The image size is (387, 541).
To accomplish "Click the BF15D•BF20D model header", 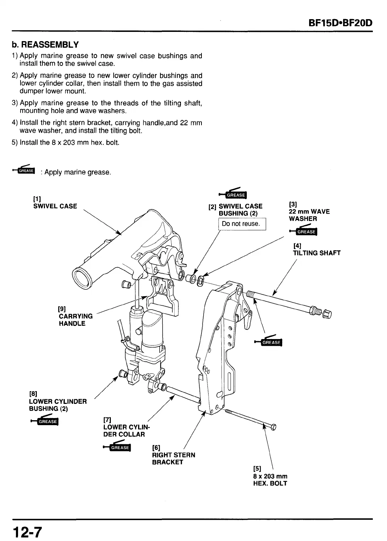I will [341, 23].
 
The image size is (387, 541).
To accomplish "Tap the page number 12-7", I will [28, 532].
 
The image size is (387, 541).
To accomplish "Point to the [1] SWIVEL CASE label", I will [55, 203].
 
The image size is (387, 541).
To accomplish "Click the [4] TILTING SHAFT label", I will [316, 249].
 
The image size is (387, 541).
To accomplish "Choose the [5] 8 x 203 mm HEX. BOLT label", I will [270, 476].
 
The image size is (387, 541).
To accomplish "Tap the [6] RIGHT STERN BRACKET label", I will [173, 455].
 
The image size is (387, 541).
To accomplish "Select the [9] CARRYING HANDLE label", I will [75, 316].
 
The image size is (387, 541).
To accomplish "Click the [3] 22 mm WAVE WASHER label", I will [309, 212].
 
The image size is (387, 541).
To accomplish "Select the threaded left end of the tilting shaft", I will [250, 294].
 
